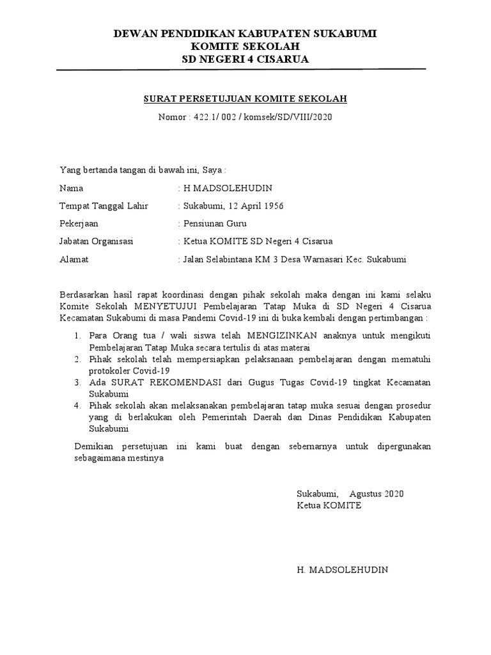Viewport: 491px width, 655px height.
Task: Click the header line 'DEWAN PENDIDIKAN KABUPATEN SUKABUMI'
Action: (245, 33)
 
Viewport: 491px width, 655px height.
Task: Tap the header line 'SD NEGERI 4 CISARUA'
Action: (245, 59)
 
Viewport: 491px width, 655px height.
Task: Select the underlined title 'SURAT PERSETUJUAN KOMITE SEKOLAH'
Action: (245, 99)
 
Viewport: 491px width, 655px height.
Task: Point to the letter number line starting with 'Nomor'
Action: (245, 118)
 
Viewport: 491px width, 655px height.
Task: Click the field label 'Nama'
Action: (71, 189)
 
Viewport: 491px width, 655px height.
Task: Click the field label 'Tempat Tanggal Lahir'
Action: (104, 206)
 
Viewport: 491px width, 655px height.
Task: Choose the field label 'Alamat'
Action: (74, 259)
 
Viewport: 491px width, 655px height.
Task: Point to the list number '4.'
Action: (77, 406)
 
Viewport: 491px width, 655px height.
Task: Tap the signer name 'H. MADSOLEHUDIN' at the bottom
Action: (342, 569)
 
